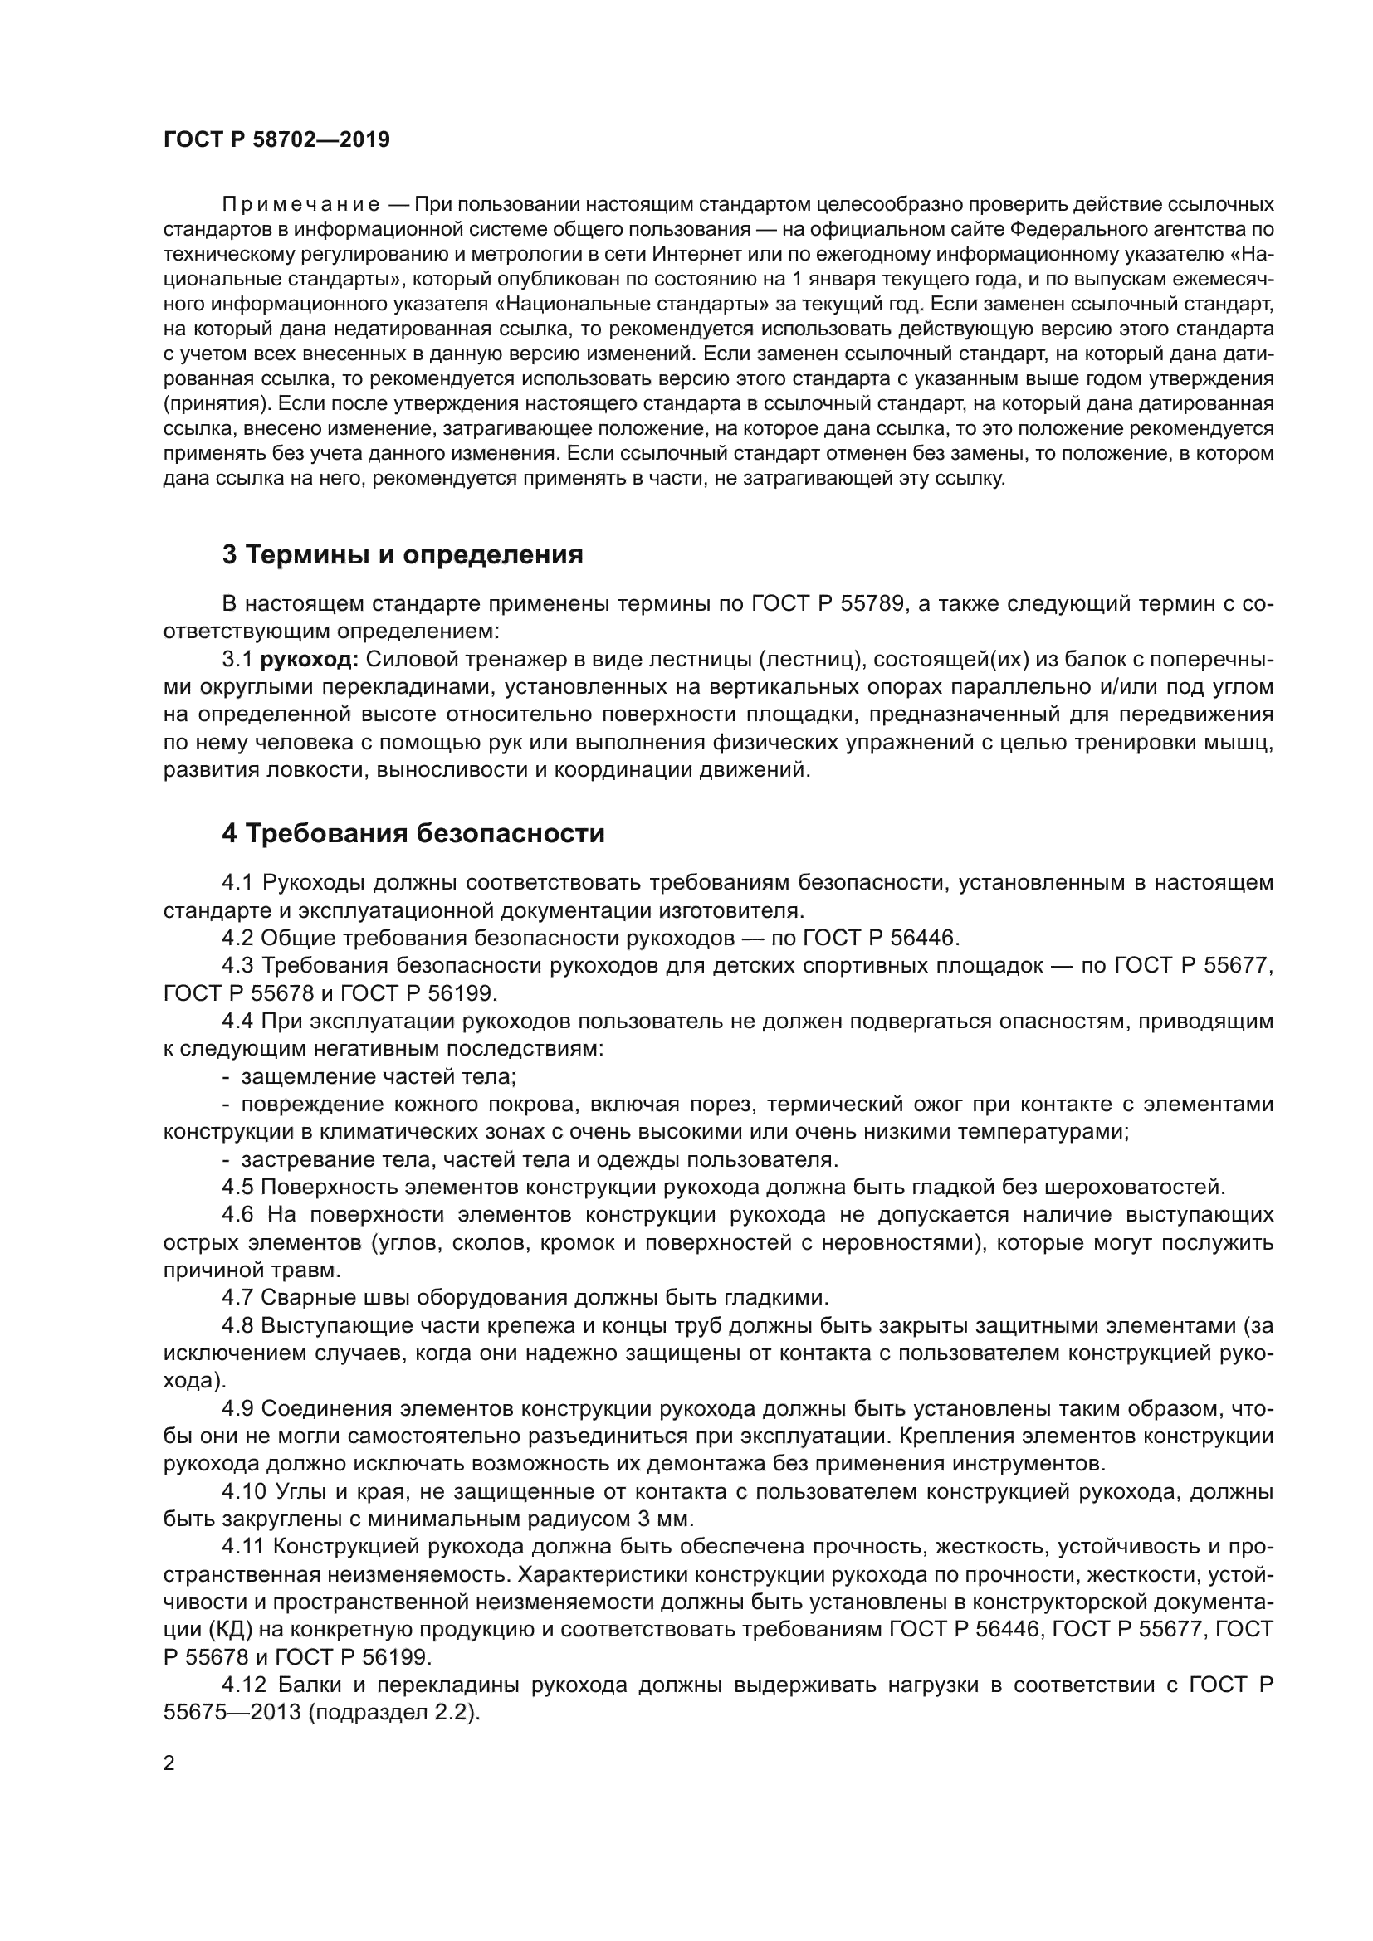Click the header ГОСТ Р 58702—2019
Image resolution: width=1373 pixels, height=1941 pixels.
tap(276, 140)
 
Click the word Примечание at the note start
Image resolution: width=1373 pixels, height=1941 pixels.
tap(300, 205)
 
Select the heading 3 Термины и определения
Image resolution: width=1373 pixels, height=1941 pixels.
tap(403, 554)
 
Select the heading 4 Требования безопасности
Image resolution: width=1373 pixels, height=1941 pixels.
tap(413, 833)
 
